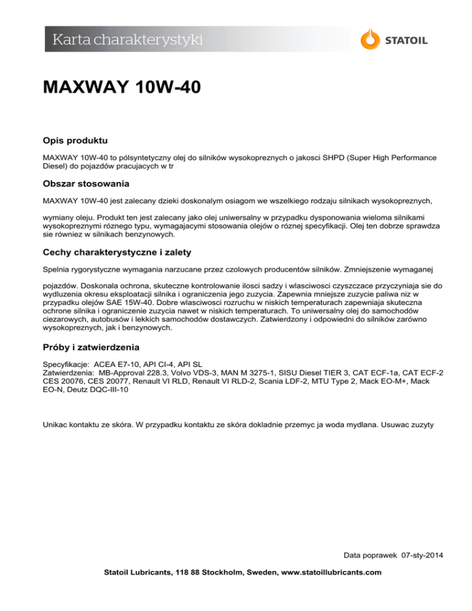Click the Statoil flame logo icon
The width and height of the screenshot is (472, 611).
pos(371,39)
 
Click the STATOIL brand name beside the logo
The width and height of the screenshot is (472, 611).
pos(406,41)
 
